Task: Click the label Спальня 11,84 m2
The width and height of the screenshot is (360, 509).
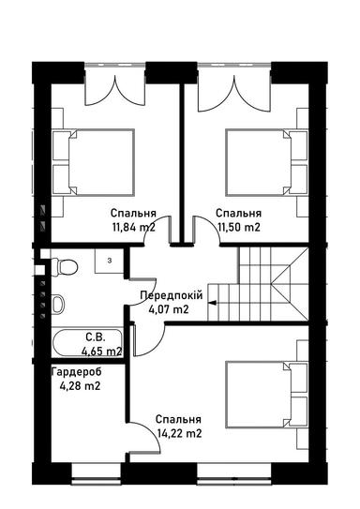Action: (132, 219)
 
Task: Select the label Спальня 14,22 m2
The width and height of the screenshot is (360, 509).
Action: (179, 427)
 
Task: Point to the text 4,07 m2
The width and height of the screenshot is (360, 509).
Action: (169, 309)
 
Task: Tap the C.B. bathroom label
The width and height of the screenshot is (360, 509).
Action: (94, 337)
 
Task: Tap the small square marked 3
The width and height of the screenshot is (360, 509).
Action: (109, 260)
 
